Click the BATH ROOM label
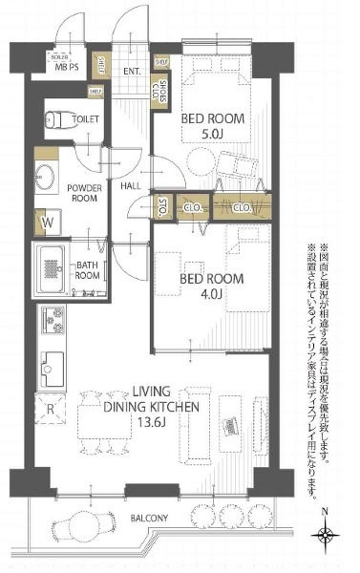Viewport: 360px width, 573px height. pos(89,270)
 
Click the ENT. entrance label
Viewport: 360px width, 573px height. pos(133,70)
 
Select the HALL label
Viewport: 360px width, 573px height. pos(131,185)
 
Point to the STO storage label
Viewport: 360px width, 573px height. pos(163,205)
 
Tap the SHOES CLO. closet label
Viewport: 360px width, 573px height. pos(162,92)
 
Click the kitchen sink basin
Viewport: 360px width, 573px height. pos(51,364)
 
